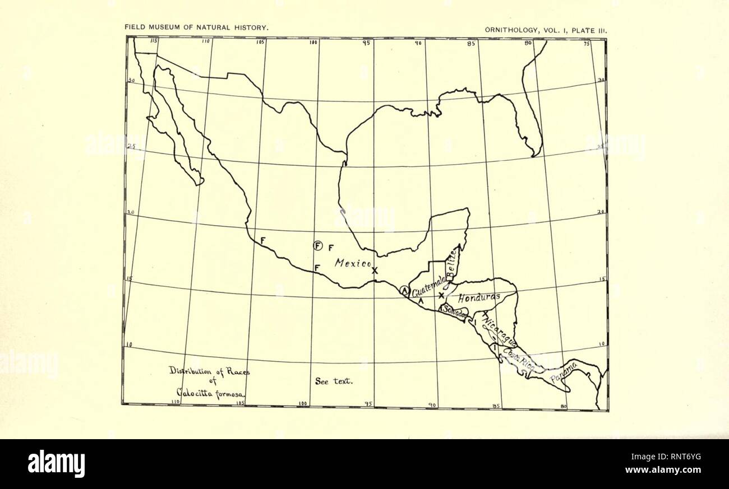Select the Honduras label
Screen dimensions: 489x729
(478, 298)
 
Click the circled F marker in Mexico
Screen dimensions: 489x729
(319, 245)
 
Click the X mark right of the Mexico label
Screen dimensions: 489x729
(375, 270)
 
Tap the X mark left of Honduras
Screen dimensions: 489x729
(441, 295)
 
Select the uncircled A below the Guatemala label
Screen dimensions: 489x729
(421, 301)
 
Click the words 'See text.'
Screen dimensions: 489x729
(334, 381)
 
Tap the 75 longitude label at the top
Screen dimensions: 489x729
(587, 44)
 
